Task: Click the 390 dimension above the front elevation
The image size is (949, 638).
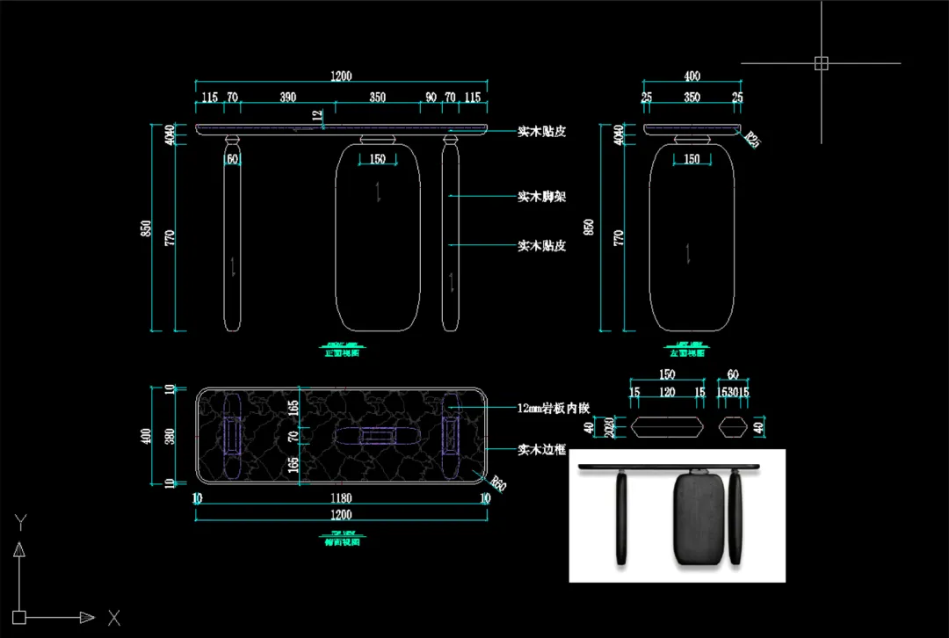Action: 287,98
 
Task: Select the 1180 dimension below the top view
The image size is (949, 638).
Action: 341,498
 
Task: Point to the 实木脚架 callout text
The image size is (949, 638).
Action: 541,196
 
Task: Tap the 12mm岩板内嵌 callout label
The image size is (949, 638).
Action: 553,407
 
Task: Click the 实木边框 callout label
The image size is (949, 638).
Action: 541,450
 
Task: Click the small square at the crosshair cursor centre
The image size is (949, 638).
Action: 821,63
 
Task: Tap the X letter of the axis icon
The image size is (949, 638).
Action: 113,618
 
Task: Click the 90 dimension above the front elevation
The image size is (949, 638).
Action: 431,98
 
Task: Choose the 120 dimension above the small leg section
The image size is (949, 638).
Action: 668,393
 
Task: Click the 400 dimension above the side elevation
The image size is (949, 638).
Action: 692,76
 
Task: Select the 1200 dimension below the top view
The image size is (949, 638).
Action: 341,514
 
